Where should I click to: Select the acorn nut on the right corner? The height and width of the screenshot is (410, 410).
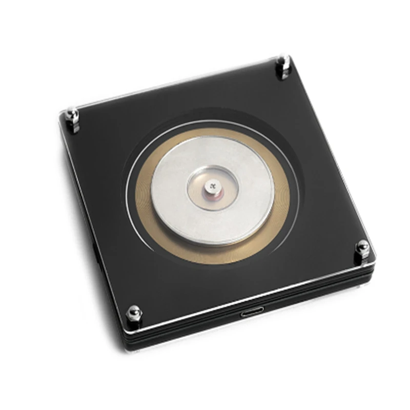click(x=363, y=249)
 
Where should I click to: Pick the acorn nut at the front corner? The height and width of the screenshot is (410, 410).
click(x=134, y=313)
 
